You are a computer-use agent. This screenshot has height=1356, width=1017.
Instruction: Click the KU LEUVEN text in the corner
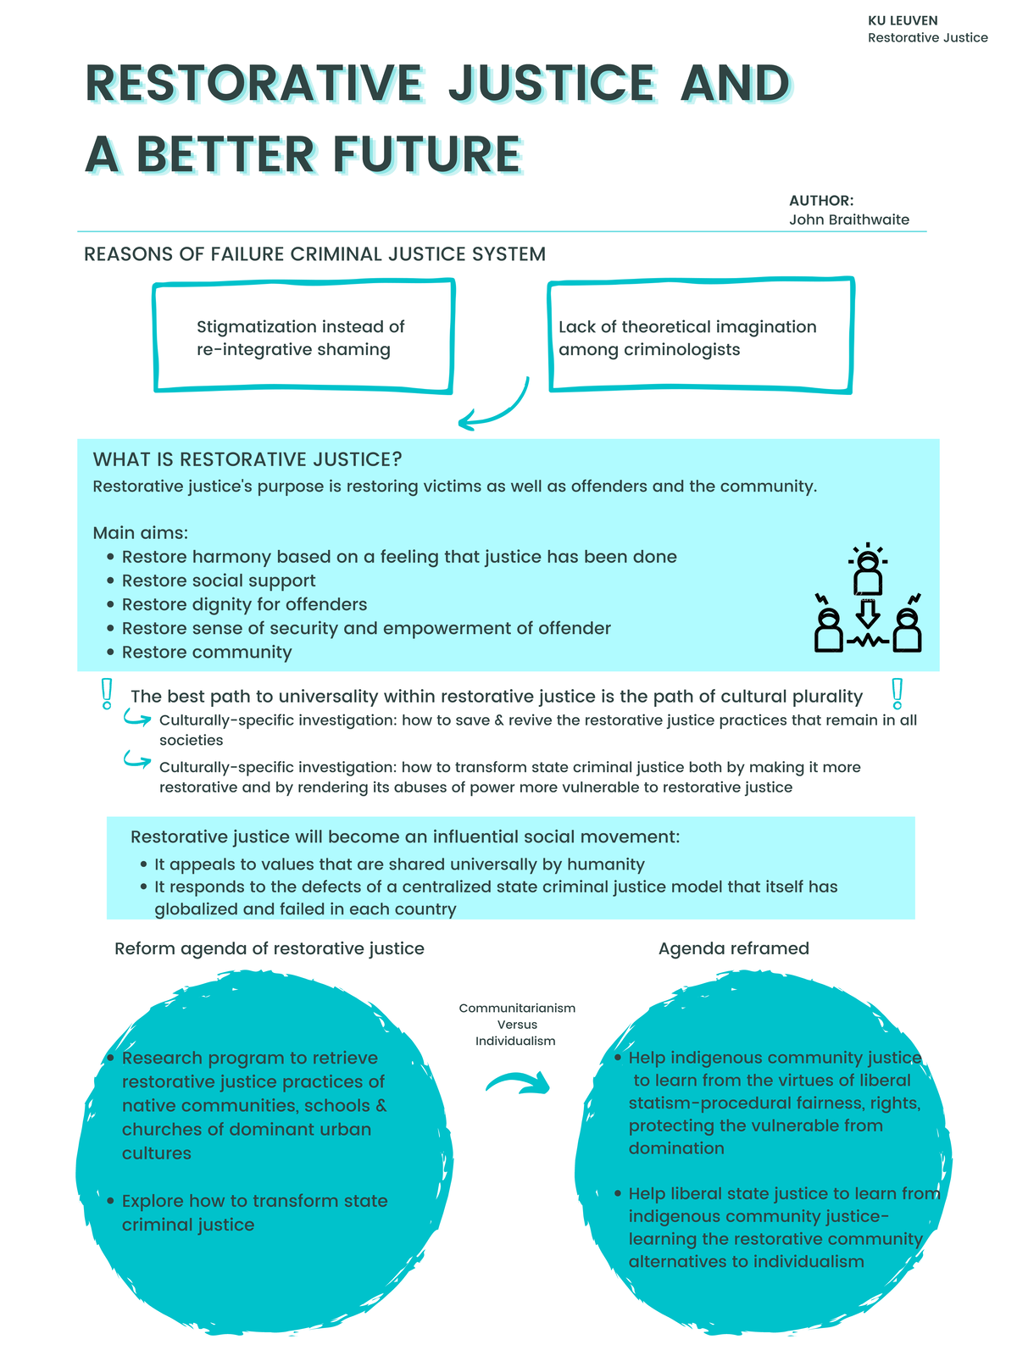(903, 20)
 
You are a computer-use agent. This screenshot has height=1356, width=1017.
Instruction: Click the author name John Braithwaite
(848, 220)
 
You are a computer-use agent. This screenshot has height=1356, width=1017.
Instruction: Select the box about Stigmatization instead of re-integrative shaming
(303, 338)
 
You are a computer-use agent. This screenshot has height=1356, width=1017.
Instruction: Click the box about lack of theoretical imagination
(700, 338)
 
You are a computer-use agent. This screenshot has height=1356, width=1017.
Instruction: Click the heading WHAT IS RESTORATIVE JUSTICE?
(247, 459)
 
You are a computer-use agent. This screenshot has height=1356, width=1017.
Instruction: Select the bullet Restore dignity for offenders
(244, 604)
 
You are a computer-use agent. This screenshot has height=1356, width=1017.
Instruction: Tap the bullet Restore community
(207, 652)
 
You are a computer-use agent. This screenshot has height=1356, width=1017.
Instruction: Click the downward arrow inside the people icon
(867, 613)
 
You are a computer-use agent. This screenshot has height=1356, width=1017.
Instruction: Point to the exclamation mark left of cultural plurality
(107, 693)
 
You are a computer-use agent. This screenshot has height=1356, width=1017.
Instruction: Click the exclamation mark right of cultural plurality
(897, 693)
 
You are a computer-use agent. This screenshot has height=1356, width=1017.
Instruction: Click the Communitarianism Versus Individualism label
(517, 1024)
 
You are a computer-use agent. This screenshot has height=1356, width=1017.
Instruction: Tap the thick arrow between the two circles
(519, 1082)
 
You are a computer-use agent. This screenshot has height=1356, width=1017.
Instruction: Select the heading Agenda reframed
(733, 948)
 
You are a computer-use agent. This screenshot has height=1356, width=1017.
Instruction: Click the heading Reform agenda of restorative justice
(270, 948)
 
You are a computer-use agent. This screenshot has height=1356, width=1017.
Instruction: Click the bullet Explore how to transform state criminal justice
(254, 1212)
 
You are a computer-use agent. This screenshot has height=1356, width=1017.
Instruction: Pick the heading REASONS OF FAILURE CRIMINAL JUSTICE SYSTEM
(314, 253)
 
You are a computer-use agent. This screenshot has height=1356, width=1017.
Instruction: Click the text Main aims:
(140, 533)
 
